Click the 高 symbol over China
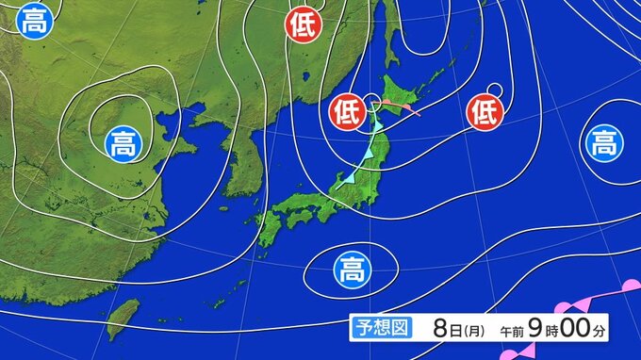point(123,145)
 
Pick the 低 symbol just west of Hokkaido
point(346,113)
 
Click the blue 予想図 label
point(382,329)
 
